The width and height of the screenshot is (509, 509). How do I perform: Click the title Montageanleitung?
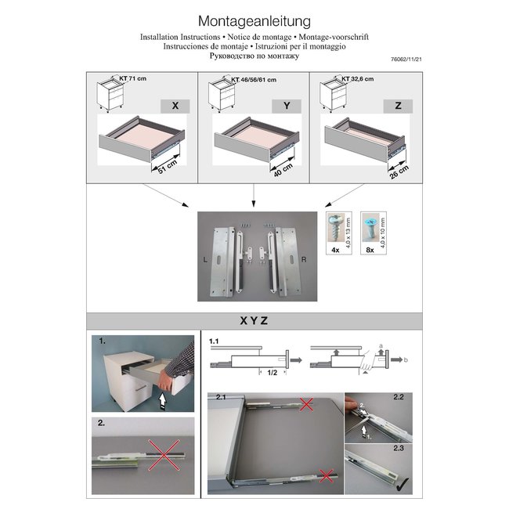point(254,20)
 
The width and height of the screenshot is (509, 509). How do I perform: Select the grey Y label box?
point(287,105)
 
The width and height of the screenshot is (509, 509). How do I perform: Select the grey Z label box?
point(399,105)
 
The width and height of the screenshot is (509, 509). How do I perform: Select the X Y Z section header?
point(254,321)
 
